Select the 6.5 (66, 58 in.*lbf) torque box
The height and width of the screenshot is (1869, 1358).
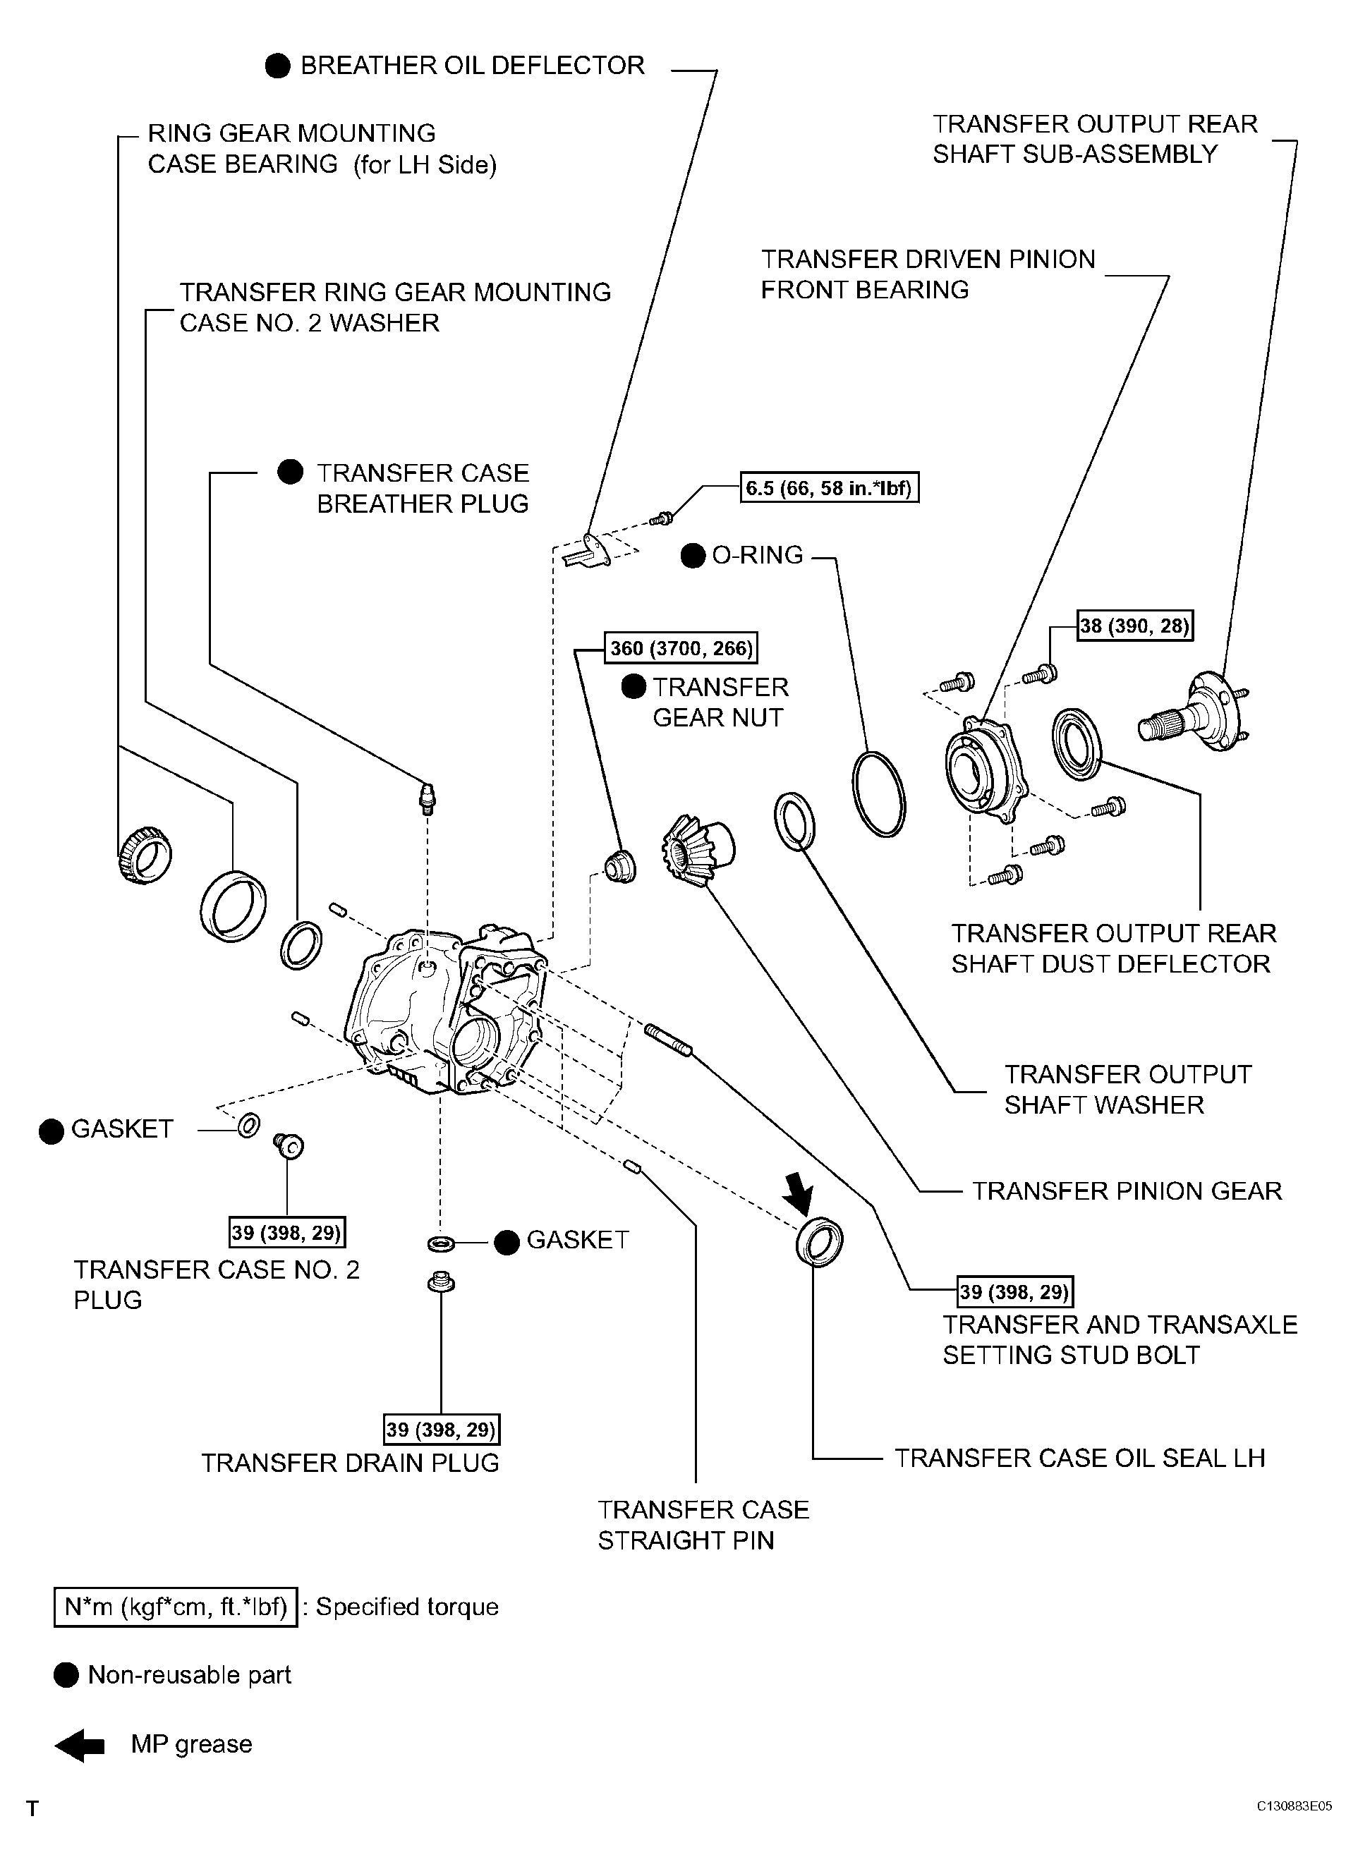830,488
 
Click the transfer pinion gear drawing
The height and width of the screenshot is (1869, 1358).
697,850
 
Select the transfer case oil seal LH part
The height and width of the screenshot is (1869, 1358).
819,1240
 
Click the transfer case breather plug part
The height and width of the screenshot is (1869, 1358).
427,798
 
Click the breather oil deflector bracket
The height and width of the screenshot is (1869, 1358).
588,552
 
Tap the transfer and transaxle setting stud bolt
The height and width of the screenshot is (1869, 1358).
669,1038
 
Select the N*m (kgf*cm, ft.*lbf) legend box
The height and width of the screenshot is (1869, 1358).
176,1607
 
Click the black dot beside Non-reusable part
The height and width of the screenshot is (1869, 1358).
65,1675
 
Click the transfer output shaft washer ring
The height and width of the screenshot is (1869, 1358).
795,821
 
